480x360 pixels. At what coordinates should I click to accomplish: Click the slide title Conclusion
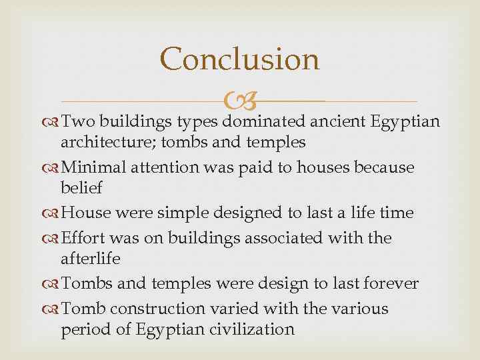click(240, 59)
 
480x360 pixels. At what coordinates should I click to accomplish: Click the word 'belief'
click(82, 187)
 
